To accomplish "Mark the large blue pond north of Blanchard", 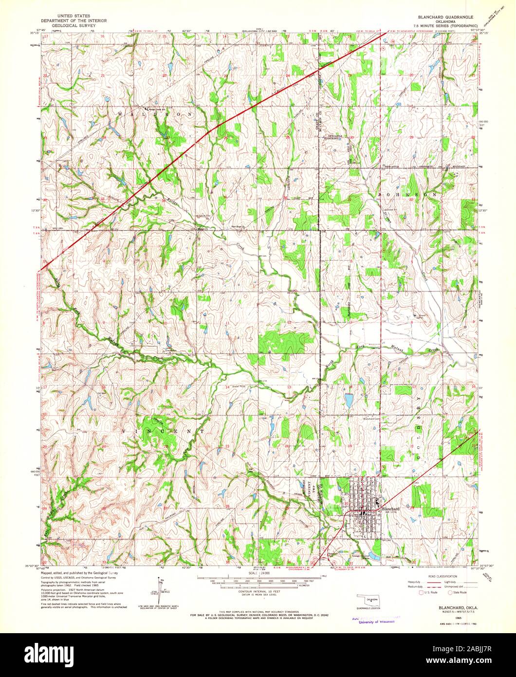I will click(349, 400).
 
